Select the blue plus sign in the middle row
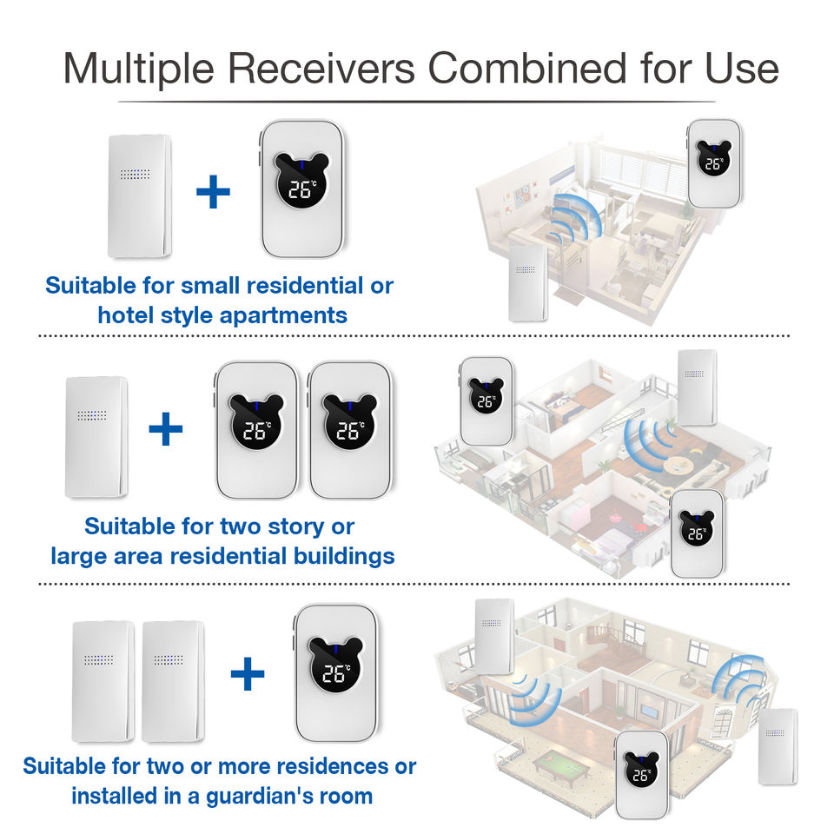pyautogui.click(x=166, y=429)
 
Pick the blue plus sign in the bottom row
pyautogui.click(x=248, y=673)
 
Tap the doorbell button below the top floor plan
pyautogui.click(x=527, y=281)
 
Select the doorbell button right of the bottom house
pyautogui.click(x=777, y=745)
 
